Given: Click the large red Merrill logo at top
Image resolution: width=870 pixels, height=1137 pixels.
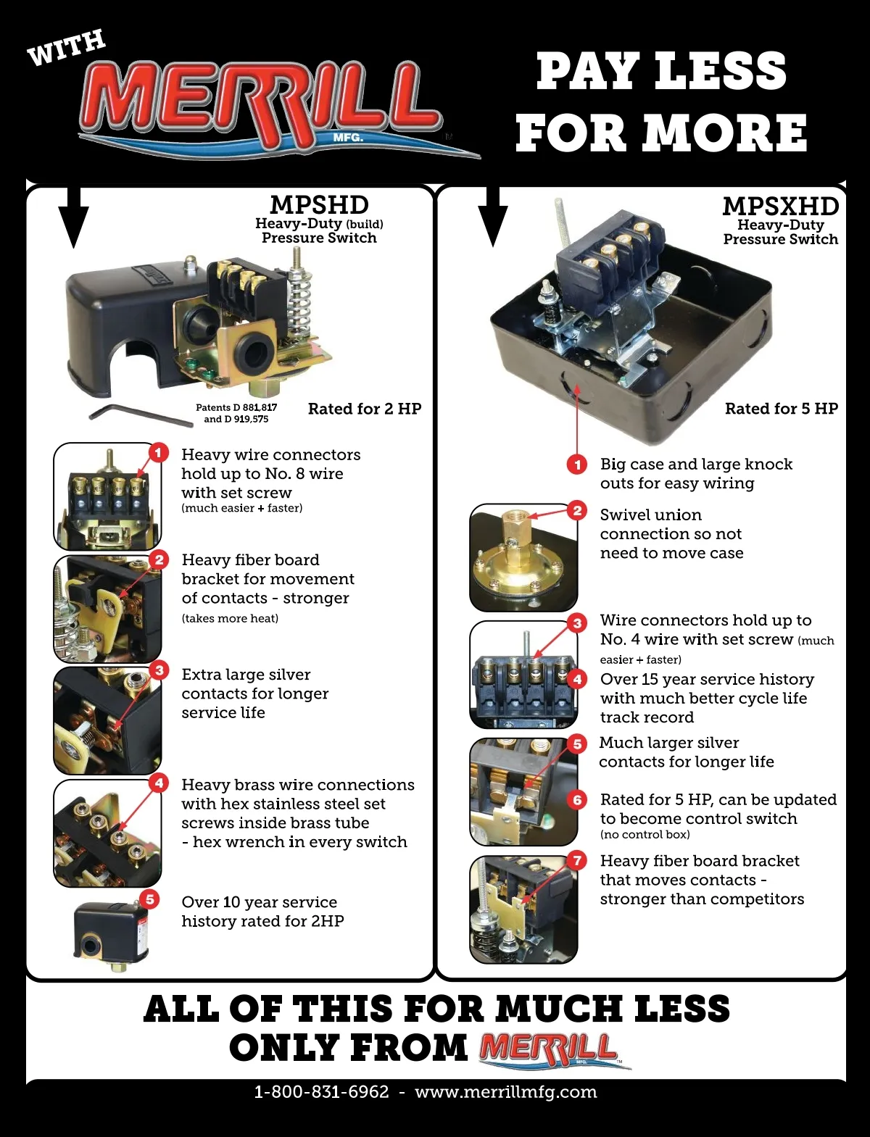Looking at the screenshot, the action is click(x=259, y=107).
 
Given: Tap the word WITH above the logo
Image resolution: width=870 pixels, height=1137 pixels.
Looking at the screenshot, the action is click(x=66, y=48).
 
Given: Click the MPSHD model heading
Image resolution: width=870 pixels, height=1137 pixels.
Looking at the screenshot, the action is click(x=319, y=204).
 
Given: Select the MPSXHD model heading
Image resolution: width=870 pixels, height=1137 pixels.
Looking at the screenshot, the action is click(x=780, y=206).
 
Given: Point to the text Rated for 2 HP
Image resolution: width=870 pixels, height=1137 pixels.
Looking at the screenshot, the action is click(x=365, y=409).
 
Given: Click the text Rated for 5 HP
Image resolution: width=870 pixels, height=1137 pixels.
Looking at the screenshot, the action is click(x=782, y=409).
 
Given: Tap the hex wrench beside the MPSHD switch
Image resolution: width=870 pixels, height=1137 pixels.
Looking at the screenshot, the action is click(x=141, y=415).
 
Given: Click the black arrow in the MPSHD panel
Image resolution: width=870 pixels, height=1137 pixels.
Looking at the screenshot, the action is click(x=73, y=217).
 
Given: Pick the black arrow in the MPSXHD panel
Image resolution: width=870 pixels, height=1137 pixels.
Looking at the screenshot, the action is click(x=493, y=217).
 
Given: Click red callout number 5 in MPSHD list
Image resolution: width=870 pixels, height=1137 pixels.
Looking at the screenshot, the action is click(x=150, y=899).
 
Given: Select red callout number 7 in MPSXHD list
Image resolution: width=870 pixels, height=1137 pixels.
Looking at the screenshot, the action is click(x=577, y=861).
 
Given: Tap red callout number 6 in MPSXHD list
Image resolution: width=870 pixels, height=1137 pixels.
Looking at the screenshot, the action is click(x=577, y=800).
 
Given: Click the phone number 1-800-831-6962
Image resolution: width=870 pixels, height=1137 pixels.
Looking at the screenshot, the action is click(x=321, y=1092).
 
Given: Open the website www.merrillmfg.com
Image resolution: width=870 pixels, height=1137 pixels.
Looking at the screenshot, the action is click(x=506, y=1092).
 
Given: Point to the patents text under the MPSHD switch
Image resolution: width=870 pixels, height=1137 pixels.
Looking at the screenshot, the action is click(x=236, y=413).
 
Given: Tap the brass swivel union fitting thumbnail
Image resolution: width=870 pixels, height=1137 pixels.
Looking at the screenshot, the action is click(x=523, y=557).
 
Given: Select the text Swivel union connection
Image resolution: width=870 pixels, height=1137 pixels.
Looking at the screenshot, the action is click(x=671, y=524).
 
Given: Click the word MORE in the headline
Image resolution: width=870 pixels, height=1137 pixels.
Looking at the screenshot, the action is click(x=726, y=133).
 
